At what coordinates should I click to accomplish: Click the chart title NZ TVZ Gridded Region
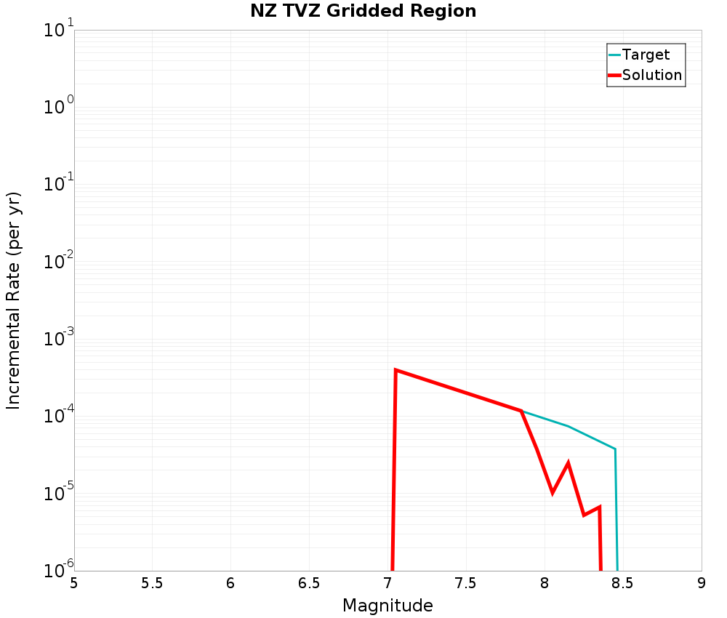tap(363, 12)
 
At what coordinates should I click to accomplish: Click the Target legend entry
tap(646, 55)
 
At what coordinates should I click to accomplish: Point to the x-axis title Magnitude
tap(387, 606)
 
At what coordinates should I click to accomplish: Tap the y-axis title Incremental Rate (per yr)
tap(14, 300)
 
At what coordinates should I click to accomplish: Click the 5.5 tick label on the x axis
tap(152, 583)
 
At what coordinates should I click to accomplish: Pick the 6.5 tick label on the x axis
tap(309, 583)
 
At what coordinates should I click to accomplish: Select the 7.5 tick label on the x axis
tap(466, 583)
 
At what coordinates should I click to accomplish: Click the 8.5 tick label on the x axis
tap(623, 583)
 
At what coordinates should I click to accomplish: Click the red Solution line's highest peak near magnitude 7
tap(395, 370)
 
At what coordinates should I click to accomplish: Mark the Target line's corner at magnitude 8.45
tap(615, 449)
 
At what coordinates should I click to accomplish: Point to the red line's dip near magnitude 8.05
tap(553, 492)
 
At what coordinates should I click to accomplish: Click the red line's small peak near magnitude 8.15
tap(568, 463)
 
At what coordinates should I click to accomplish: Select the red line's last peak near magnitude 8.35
tap(599, 507)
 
